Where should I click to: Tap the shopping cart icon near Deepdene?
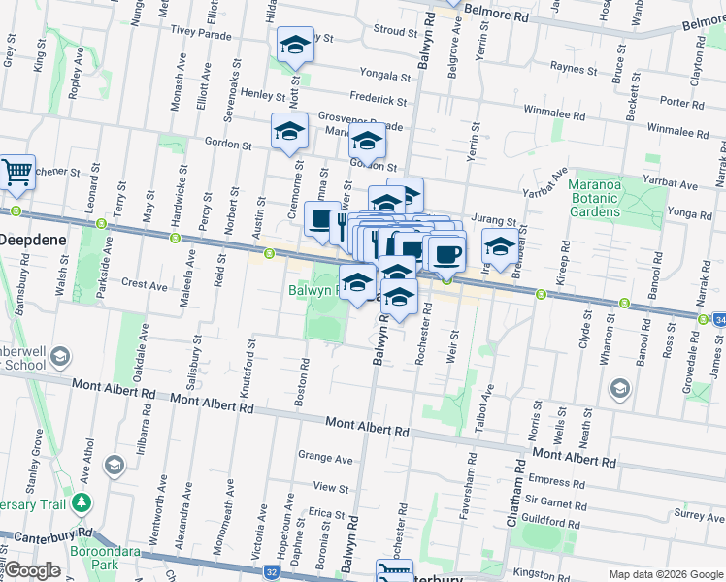point(16,173)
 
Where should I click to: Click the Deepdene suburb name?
point(28,238)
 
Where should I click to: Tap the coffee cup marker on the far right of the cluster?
point(445,254)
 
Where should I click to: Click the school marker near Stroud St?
point(294,46)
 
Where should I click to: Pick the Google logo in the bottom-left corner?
point(32,570)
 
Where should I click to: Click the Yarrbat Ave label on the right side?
point(674,184)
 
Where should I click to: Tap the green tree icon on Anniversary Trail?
point(82,503)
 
